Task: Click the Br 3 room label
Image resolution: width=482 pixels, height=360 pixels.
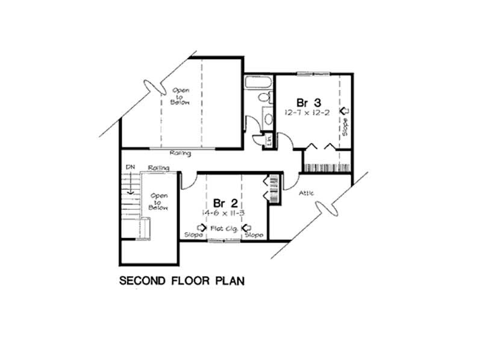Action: (x=308, y=101)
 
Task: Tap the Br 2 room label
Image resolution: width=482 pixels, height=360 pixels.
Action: (x=222, y=203)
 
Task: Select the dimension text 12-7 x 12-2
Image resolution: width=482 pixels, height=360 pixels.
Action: (x=308, y=113)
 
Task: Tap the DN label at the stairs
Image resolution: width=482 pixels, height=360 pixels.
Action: (x=129, y=166)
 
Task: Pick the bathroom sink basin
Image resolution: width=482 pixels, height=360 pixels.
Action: (x=267, y=115)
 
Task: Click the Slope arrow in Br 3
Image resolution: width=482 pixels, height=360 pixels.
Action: (x=345, y=111)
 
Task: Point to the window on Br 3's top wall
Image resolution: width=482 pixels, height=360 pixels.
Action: (x=313, y=74)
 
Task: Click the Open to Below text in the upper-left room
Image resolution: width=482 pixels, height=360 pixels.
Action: (x=181, y=96)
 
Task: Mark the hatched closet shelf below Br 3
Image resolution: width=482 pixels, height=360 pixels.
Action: (x=325, y=165)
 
